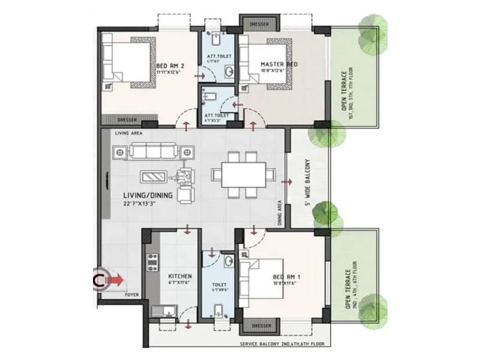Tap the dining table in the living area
pyautogui.click(x=243, y=175)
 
